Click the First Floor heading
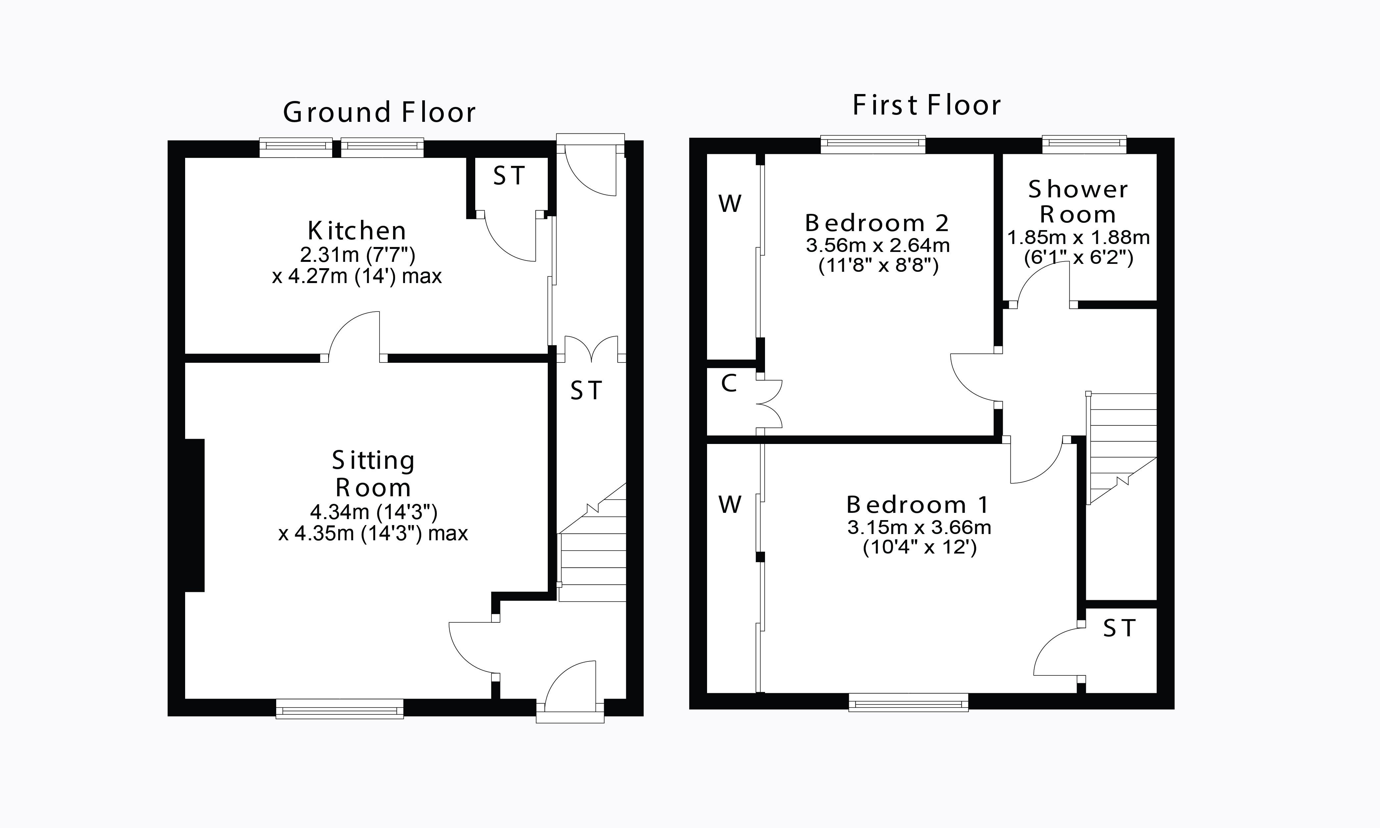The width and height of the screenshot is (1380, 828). point(926,106)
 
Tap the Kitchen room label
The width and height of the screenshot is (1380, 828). point(357,230)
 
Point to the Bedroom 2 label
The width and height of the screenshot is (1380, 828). point(877,223)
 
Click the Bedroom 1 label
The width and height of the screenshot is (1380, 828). point(918,505)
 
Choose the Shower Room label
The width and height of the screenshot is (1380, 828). point(1078,202)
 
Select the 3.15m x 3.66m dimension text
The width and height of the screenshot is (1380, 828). point(919,527)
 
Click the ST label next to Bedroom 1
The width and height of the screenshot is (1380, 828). point(1119,629)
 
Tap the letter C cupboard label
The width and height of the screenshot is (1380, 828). point(729,384)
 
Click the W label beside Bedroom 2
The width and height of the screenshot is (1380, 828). point(730,204)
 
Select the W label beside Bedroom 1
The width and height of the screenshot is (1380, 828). point(730,505)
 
